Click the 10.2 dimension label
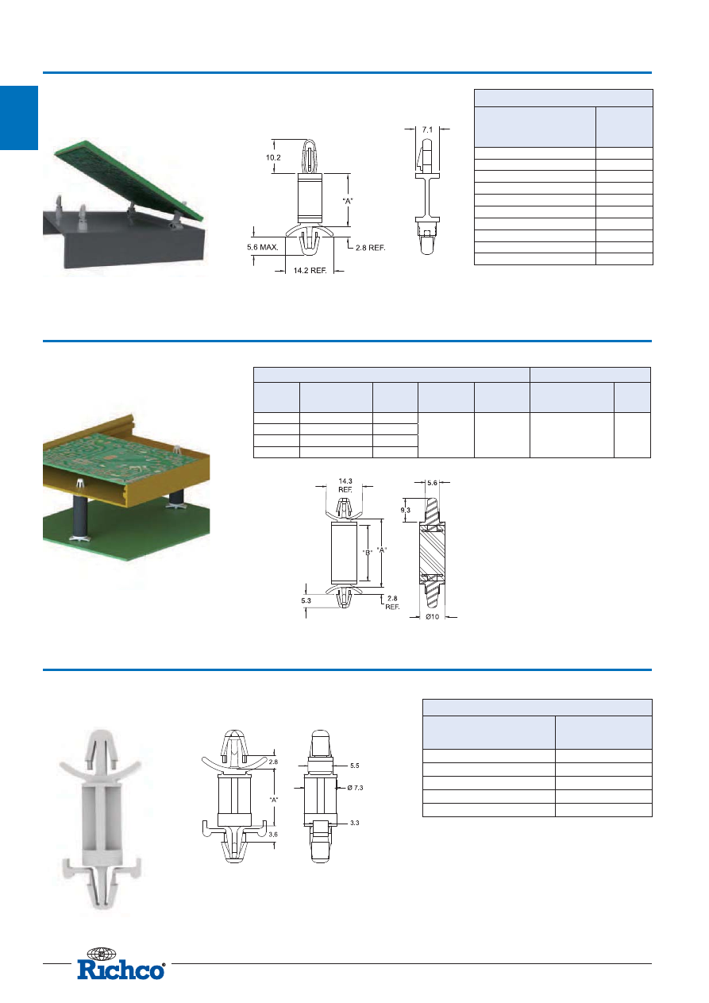click(273, 157)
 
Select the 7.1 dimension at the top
click(427, 130)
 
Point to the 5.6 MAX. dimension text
click(263, 247)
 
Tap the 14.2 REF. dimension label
click(310, 271)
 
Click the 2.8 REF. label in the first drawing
click(371, 248)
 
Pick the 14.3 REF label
click(345, 485)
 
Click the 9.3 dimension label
click(406, 510)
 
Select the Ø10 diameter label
click(433, 616)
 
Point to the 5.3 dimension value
click(306, 600)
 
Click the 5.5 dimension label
click(354, 766)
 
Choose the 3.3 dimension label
click(354, 823)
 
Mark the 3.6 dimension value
click(273, 834)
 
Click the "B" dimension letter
click(368, 553)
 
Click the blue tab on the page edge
click(19, 118)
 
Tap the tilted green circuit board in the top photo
click(129, 179)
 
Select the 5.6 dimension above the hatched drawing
click(432, 483)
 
